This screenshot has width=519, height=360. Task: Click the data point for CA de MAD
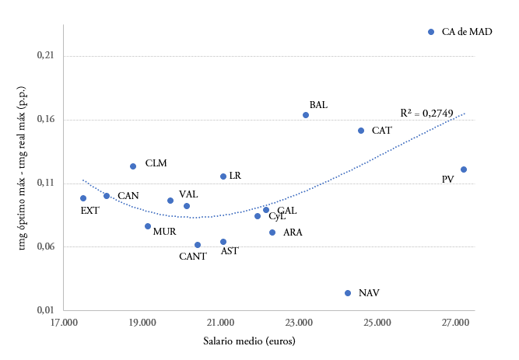pos(431,32)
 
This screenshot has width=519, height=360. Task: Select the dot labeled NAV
pos(348,293)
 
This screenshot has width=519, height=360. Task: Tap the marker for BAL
pos(306,115)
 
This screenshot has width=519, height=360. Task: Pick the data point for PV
pos(464,170)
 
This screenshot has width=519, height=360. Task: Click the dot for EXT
pos(83,198)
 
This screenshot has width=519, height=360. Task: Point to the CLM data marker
pos(133,166)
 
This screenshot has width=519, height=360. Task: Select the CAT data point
pos(361,131)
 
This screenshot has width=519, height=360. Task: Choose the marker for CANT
pos(198,245)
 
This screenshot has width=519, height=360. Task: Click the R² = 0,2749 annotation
pos(426,114)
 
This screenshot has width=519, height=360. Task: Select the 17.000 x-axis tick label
pos(65,322)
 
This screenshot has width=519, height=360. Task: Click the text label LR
pos(235,176)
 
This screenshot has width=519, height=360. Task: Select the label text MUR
pos(164,232)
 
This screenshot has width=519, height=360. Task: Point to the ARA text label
pos(293,232)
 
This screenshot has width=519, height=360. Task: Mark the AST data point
pos(223,242)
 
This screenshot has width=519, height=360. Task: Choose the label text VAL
pos(188,194)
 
